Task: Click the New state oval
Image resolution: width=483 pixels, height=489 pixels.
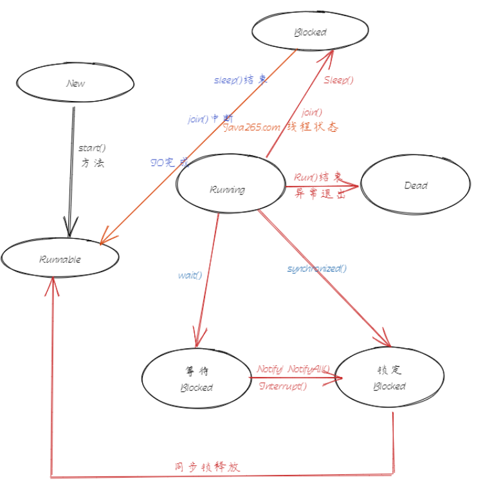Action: (x=76, y=84)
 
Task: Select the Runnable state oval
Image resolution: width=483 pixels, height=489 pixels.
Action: (x=60, y=259)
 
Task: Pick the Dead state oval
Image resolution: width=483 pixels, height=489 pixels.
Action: (x=415, y=185)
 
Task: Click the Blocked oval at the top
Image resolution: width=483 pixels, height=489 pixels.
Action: (x=310, y=32)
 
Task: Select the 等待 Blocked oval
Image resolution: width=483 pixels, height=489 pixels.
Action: (x=196, y=380)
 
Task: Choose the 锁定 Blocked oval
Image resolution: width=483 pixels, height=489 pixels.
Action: (x=390, y=378)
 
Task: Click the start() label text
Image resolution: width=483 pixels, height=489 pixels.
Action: (x=92, y=149)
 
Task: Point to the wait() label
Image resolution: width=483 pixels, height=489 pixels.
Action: (x=190, y=275)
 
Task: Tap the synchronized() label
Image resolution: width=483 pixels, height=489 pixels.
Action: (x=316, y=268)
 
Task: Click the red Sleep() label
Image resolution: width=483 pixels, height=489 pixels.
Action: (x=338, y=80)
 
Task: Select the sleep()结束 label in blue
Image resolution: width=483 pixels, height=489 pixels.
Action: (x=240, y=80)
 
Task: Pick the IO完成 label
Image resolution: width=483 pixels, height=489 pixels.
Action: (x=169, y=163)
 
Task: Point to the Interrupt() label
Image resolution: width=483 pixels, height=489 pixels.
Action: (x=282, y=386)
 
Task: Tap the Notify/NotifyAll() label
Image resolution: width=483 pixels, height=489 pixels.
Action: (x=293, y=369)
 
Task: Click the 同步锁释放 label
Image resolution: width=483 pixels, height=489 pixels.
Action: (x=207, y=467)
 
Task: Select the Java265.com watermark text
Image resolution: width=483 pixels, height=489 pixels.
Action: (x=251, y=127)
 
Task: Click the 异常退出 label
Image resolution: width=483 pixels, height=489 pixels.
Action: (x=320, y=194)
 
